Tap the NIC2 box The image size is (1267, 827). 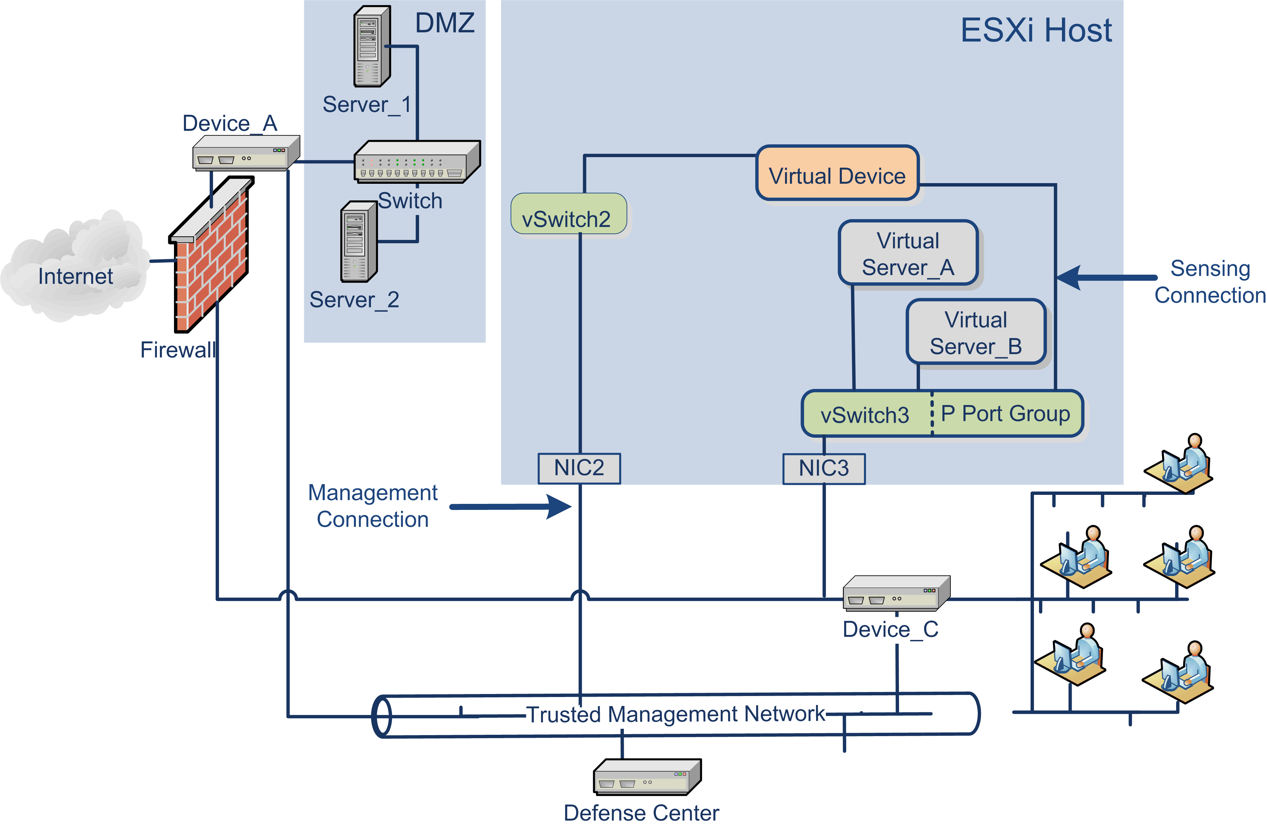[579, 468]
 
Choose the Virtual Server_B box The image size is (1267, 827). [976, 332]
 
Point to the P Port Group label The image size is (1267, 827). [1005, 414]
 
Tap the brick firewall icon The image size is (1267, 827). [211, 256]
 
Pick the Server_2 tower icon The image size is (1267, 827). [359, 241]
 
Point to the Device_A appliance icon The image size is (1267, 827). [245, 153]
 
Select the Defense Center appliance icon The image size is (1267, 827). [647, 777]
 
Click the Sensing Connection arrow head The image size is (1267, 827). [1069, 277]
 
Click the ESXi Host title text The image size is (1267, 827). [1036, 30]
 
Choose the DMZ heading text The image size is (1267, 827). [444, 23]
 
